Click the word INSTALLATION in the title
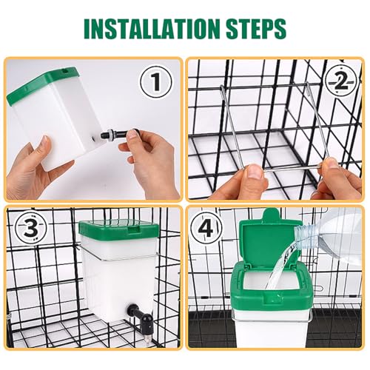152,28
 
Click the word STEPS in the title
256,28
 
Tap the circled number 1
155,82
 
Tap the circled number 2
341,80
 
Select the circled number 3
31,228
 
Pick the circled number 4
206,229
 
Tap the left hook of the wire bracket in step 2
223,91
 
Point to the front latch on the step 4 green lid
272,297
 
